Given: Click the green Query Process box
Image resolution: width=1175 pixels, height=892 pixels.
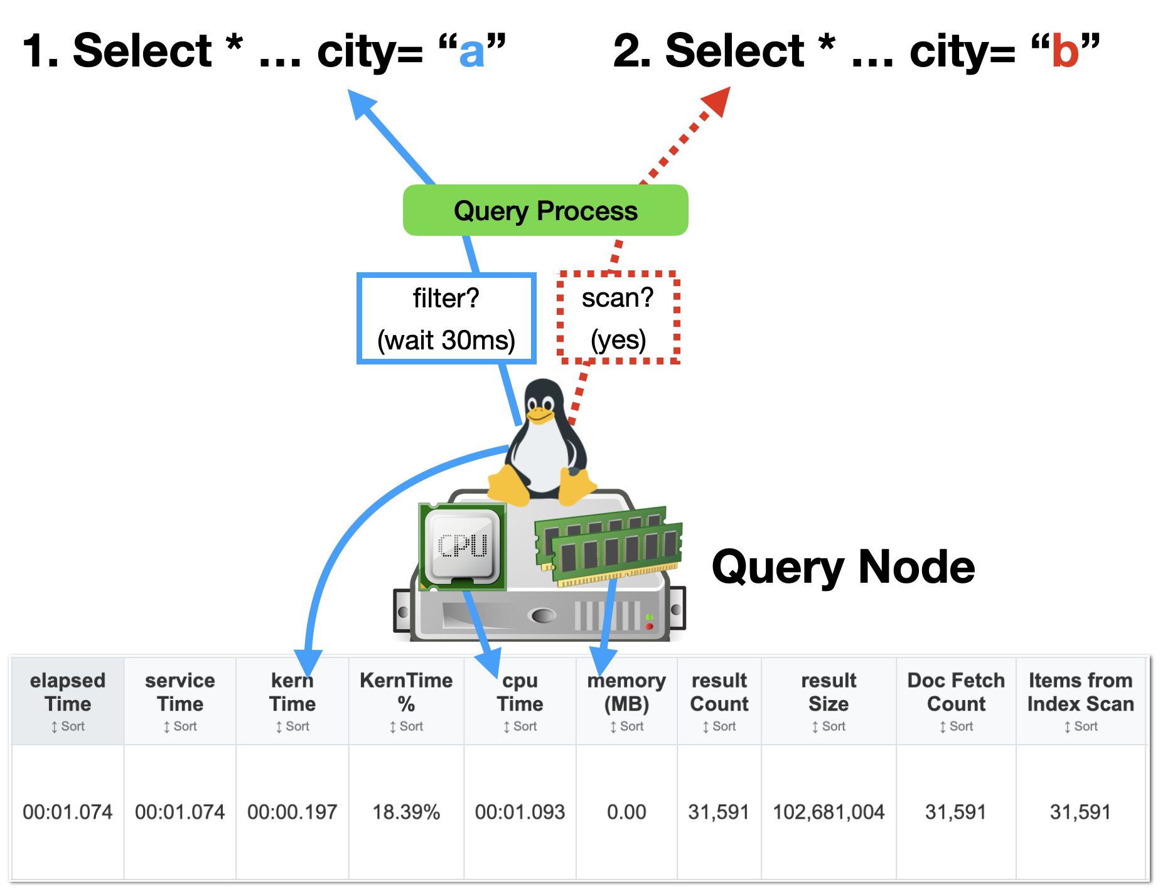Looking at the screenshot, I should click(x=545, y=211).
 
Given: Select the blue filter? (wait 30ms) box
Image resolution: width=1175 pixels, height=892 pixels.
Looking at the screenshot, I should click(x=446, y=319).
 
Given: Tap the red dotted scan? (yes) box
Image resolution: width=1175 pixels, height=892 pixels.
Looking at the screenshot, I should click(x=618, y=318).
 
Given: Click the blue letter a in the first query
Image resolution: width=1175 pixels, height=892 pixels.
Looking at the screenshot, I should click(x=472, y=53).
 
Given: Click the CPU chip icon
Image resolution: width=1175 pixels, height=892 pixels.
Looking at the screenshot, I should click(x=463, y=546).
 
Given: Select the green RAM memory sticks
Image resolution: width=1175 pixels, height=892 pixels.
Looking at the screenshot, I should click(x=609, y=544).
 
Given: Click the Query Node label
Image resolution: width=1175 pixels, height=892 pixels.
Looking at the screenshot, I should click(x=843, y=567).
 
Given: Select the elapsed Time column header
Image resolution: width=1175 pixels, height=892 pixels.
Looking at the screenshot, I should click(x=68, y=693).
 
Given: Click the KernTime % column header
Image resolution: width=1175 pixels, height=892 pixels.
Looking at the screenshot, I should click(x=406, y=693).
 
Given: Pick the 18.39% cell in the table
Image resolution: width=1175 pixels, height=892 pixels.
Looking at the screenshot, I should click(x=406, y=812).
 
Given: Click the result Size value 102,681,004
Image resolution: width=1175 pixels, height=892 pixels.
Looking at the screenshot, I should click(x=829, y=812).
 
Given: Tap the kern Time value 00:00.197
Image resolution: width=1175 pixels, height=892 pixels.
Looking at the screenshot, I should click(x=292, y=812).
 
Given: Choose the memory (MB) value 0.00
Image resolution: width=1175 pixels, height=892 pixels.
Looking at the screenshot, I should click(x=626, y=812).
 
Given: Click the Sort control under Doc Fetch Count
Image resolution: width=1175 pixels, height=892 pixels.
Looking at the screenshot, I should click(x=956, y=726).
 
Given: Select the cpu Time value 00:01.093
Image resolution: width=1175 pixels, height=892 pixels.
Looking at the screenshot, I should click(x=520, y=812).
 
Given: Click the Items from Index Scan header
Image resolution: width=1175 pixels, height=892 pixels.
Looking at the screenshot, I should click(x=1080, y=693).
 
